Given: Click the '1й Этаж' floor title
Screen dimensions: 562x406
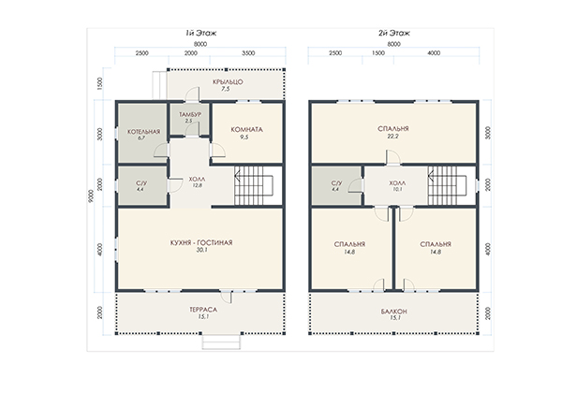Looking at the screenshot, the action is [x=200, y=34].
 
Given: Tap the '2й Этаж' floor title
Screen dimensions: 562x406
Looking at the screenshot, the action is [x=394, y=34].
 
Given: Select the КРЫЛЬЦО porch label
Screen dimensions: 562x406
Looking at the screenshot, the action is [x=228, y=82].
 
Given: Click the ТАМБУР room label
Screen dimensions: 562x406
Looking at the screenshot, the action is [x=190, y=114].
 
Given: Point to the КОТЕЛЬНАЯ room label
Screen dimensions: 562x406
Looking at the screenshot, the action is [x=143, y=132].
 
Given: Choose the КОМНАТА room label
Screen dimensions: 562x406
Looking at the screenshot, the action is [x=246, y=130].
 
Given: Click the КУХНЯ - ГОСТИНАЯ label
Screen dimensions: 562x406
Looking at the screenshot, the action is [x=201, y=242].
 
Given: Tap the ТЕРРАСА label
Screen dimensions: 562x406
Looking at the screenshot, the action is [x=203, y=310].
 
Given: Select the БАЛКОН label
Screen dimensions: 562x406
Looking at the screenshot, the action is [x=394, y=312].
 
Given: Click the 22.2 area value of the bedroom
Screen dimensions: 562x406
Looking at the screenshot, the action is [x=392, y=137].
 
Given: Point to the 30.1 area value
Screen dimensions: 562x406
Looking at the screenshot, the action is [x=201, y=251].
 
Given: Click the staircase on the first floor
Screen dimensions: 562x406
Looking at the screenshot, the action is [x=254, y=185].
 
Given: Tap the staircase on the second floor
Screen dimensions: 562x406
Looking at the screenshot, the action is [x=447, y=185].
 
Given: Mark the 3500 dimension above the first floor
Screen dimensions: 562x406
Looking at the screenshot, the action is [x=248, y=53].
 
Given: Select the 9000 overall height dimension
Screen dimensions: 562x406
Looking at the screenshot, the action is [x=91, y=196].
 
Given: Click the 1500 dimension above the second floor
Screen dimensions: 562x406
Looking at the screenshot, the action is [x=378, y=53].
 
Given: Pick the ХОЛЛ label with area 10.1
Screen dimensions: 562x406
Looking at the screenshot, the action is [x=397, y=183].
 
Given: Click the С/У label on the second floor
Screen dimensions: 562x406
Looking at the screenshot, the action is [x=336, y=183].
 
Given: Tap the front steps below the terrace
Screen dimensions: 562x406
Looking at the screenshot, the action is [x=221, y=341].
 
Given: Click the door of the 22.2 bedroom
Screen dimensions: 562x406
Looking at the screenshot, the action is [x=393, y=157].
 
